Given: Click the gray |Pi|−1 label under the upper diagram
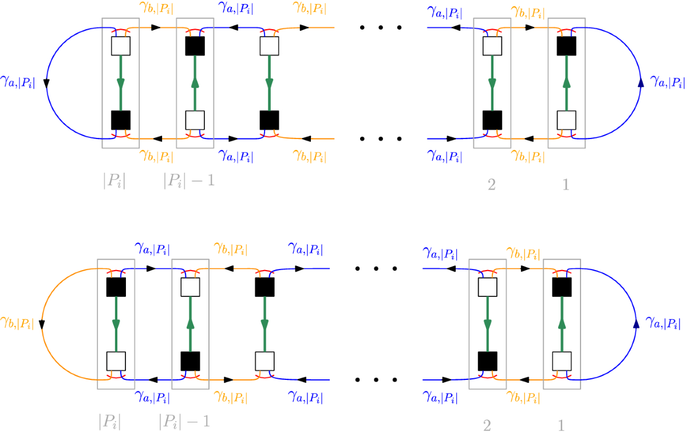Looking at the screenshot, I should coord(189,183).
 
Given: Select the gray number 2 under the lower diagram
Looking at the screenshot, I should coord(487,424).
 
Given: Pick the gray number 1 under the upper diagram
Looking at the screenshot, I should coord(566,184).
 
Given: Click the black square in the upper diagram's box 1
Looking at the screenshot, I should coord(566,46).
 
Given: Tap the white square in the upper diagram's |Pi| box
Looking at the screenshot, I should coord(121,46).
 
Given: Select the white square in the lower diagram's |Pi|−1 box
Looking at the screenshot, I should coord(190,287).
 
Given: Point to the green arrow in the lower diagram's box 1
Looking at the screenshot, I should coord(562,324).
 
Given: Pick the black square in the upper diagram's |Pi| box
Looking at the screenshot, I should coord(121,120).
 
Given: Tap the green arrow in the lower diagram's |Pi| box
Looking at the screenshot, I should coord(116,324).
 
